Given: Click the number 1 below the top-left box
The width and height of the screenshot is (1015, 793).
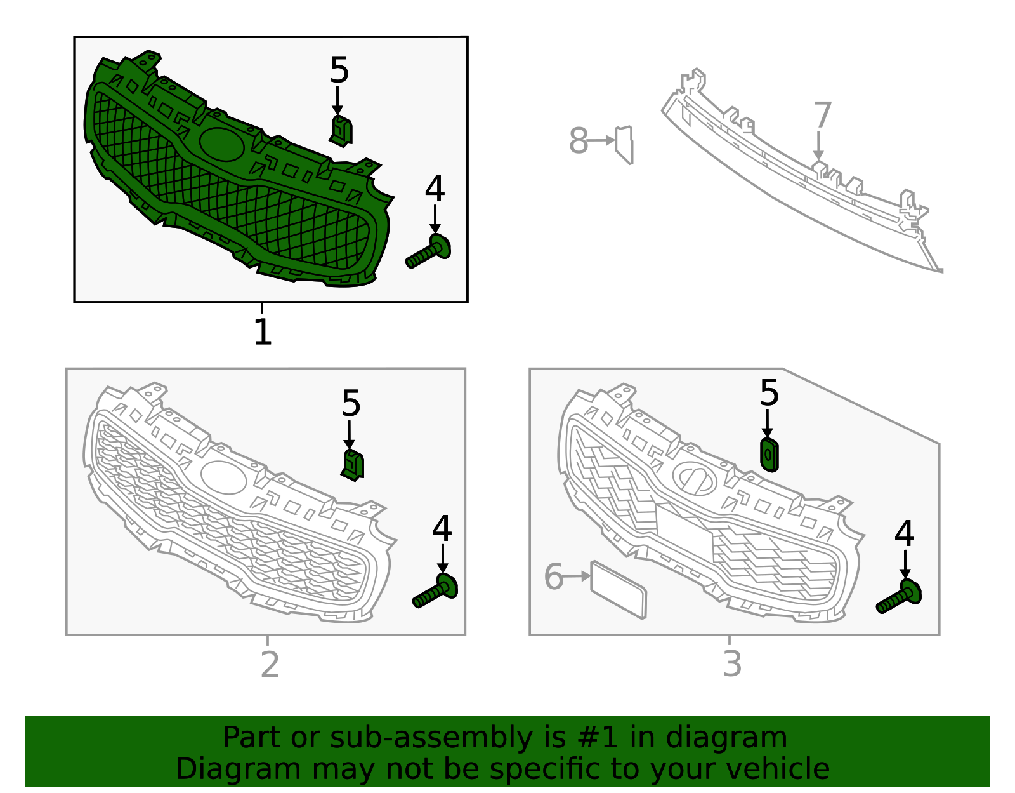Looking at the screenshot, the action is click(x=263, y=332).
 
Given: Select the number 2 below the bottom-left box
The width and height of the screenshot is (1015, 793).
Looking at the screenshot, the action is click(x=270, y=664).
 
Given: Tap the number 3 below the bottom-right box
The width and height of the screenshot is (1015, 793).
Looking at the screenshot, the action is click(x=732, y=663).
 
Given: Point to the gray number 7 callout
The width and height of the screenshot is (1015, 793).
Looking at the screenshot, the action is click(x=823, y=115).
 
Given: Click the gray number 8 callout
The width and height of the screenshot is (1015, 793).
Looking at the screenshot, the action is click(x=579, y=140).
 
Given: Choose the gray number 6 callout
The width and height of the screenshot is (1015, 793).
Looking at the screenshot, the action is click(x=554, y=576).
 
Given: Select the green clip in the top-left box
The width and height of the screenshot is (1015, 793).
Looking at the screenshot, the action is click(x=341, y=131).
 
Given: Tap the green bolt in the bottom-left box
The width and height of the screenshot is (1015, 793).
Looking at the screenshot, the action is click(x=435, y=591).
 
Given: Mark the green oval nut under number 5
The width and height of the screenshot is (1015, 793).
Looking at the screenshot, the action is click(x=769, y=455).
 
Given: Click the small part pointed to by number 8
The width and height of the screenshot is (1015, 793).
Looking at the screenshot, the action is click(x=624, y=145).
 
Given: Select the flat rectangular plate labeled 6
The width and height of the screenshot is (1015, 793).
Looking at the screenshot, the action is click(x=619, y=590).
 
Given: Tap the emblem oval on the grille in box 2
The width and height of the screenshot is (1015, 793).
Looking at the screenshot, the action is click(x=224, y=477).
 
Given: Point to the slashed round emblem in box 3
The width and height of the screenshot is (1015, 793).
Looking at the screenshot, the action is click(x=695, y=479).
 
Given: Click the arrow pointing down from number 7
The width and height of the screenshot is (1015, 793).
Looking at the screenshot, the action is click(x=818, y=146).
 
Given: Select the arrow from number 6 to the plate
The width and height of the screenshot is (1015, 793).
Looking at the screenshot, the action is click(x=577, y=576).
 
